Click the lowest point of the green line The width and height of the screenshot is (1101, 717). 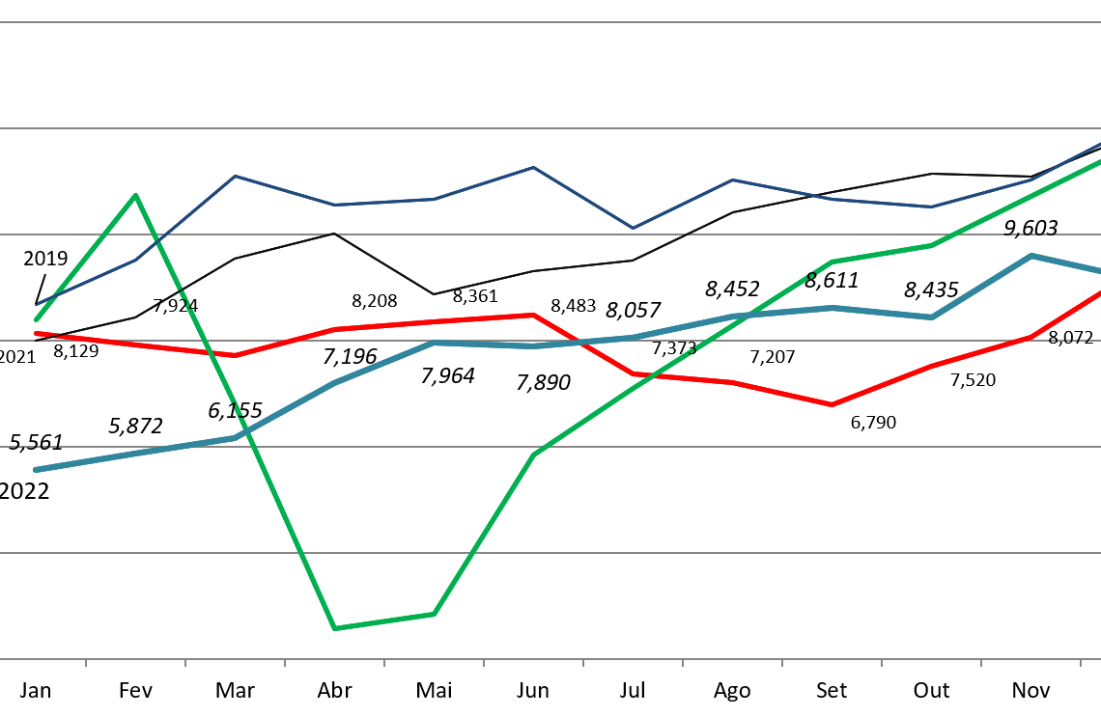tap(334, 628)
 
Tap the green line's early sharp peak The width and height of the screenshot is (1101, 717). tap(135, 195)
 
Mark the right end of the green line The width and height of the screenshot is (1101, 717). tap(1099, 161)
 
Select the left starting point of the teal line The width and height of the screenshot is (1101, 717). tap(37, 470)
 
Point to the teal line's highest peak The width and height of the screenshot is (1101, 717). tap(1031, 256)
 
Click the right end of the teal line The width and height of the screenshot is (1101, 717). tap(1099, 271)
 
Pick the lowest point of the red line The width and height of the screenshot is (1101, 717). tap(832, 404)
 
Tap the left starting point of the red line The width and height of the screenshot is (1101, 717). tap(37, 334)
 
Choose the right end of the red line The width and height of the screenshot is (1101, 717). tap(1099, 292)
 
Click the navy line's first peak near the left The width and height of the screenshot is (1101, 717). tap(235, 177)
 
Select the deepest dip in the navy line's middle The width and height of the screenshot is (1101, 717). tap(633, 229)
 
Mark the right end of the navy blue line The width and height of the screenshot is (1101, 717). tap(1099, 145)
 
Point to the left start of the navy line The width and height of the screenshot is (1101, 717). tap(37, 305)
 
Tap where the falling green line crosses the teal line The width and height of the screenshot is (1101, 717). tap(239, 436)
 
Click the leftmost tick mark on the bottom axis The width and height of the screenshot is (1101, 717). tap(86, 663)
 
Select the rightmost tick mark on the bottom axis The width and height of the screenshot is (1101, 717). tap(1080, 663)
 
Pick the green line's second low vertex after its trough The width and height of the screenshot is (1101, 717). tap(434, 614)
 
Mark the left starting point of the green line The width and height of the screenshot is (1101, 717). tap(35, 319)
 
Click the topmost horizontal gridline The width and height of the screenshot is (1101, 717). tap(550, 21)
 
